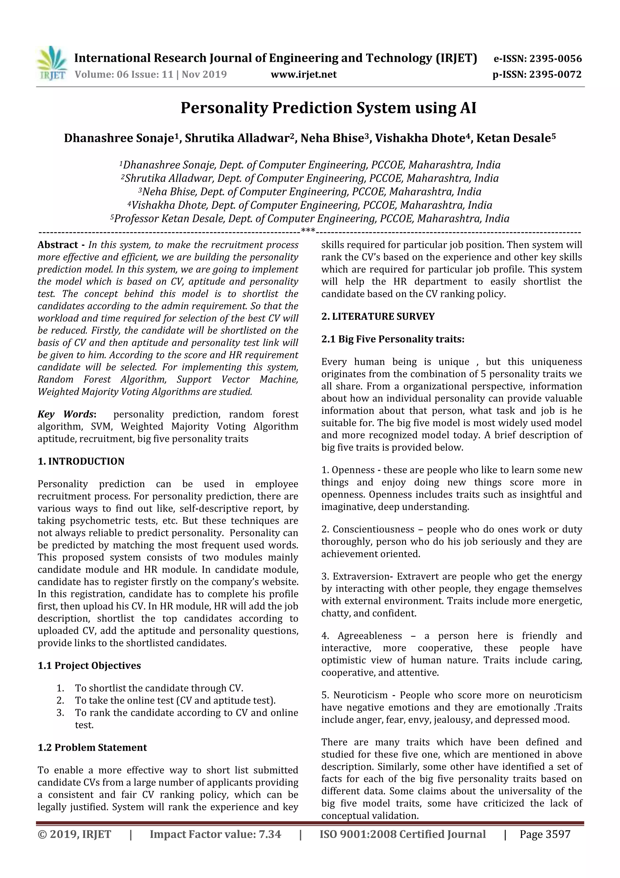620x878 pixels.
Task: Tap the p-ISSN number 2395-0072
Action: pos(555,75)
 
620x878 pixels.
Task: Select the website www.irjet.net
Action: pos(304,75)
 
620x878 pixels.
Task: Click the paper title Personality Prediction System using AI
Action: pos(328,108)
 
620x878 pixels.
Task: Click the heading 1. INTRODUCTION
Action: pos(81,461)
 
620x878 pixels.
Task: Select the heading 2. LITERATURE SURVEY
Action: pos(378,316)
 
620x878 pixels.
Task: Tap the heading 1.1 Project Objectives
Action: pos(89,665)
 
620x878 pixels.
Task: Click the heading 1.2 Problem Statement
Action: pos(92,747)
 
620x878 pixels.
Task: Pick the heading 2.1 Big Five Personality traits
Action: pos(393,339)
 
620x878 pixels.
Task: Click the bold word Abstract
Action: pos(57,245)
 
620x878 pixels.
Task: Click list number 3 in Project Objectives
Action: pos(60,713)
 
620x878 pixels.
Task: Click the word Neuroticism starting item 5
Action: pos(360,695)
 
